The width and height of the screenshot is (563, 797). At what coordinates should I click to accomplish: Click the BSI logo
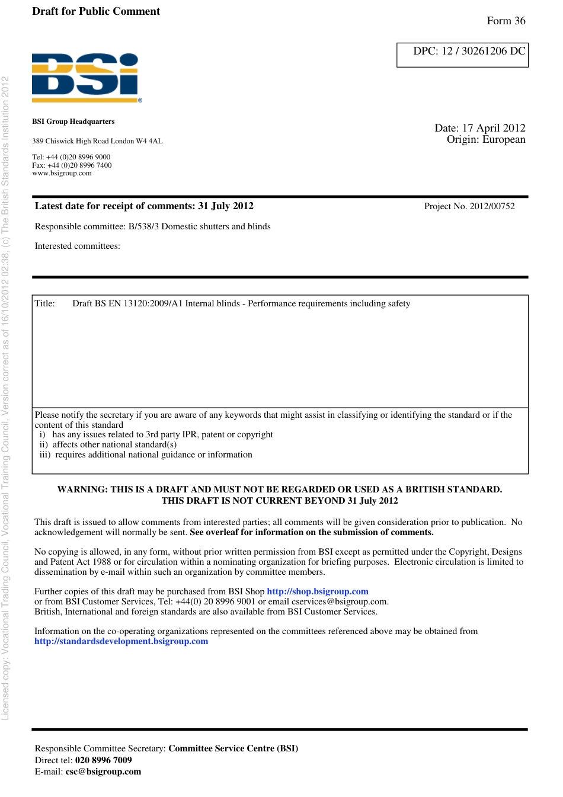click(x=87, y=77)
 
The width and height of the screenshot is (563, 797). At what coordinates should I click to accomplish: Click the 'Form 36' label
click(x=506, y=21)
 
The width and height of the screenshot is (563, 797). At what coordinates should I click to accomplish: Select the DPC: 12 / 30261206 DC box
click(x=462, y=55)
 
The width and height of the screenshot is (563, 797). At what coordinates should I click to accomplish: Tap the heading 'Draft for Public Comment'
click(x=96, y=11)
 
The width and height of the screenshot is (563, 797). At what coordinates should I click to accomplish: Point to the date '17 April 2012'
click(x=493, y=128)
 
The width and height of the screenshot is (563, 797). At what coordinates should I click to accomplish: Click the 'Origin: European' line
click(x=485, y=139)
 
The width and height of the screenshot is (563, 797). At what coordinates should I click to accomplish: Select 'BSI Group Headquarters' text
click(x=73, y=121)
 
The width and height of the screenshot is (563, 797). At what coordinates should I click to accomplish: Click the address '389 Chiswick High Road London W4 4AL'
click(x=97, y=141)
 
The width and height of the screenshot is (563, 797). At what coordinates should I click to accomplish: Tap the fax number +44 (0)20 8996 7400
click(x=79, y=165)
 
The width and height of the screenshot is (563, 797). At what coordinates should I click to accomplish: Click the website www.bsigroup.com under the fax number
click(x=62, y=173)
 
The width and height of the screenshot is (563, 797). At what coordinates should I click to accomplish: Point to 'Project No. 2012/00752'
click(x=469, y=206)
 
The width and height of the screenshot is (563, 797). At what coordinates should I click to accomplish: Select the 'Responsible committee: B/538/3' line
click(x=152, y=226)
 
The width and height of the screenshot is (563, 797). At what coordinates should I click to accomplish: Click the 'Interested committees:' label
click(x=77, y=246)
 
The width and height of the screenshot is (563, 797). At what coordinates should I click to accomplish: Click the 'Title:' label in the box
click(x=44, y=303)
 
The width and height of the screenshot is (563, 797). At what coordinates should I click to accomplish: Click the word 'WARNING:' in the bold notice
click(x=82, y=489)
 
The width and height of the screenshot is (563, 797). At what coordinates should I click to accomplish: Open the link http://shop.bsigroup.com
click(x=317, y=591)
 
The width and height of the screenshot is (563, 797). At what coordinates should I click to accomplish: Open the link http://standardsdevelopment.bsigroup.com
click(x=121, y=641)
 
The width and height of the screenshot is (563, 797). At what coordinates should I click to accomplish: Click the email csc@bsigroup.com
click(x=103, y=772)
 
